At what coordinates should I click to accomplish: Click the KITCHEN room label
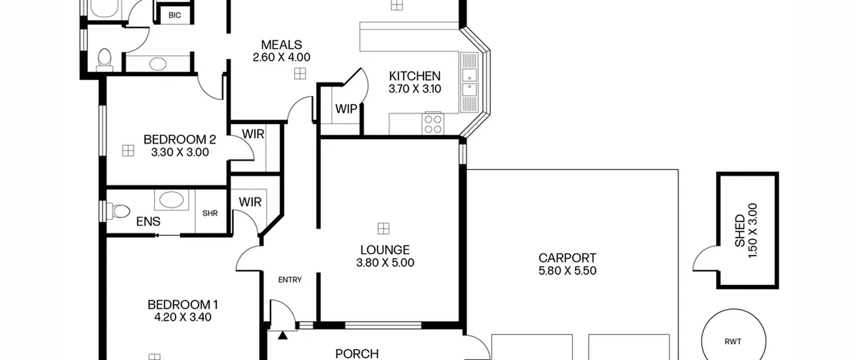point(414,76)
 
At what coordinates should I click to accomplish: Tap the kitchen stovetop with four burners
point(433,124)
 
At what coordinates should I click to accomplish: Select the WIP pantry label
point(346,109)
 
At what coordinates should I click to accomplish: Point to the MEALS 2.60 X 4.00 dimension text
point(282,57)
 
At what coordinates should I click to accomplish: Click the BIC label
point(175,15)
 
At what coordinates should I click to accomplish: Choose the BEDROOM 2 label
point(180,139)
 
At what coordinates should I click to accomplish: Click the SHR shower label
point(210,213)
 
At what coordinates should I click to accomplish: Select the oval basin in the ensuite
point(171,200)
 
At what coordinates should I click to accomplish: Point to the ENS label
point(148,221)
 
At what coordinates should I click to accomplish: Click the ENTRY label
point(290,280)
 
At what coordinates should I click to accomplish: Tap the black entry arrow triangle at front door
point(283,335)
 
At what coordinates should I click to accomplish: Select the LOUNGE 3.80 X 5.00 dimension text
point(385,263)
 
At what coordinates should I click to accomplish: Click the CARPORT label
point(567,258)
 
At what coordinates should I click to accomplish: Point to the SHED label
point(739,231)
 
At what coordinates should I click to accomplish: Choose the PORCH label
point(357,354)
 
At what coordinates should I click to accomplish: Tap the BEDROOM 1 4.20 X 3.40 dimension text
point(183,317)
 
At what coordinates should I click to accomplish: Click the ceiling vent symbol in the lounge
point(383,229)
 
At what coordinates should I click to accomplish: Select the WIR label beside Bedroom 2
point(253,134)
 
